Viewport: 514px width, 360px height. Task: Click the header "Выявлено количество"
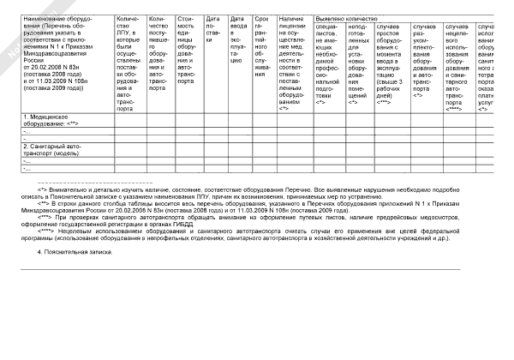pos(347,17)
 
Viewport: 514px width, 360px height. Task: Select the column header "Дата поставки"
pos(212,52)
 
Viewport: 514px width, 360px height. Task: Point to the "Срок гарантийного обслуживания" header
pos(264,60)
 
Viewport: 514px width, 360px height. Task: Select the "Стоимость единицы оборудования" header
pos(187,60)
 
